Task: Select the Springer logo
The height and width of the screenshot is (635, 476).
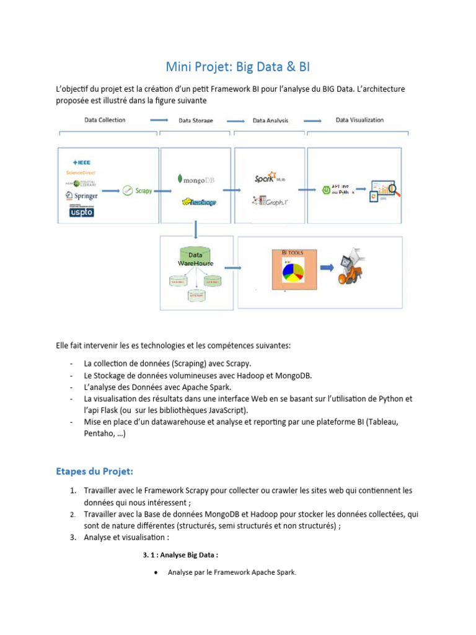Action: point(82,195)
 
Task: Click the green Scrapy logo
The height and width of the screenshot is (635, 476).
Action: point(137,191)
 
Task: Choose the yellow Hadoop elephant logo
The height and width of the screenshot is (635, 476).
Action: point(198,202)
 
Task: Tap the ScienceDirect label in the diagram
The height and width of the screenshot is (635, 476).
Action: point(81,172)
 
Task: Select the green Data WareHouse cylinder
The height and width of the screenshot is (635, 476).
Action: point(195,259)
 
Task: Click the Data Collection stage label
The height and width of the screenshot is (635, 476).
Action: point(104,120)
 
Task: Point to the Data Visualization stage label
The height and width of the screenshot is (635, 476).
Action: point(359,120)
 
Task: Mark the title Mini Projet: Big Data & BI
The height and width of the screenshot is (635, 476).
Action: point(238,66)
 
